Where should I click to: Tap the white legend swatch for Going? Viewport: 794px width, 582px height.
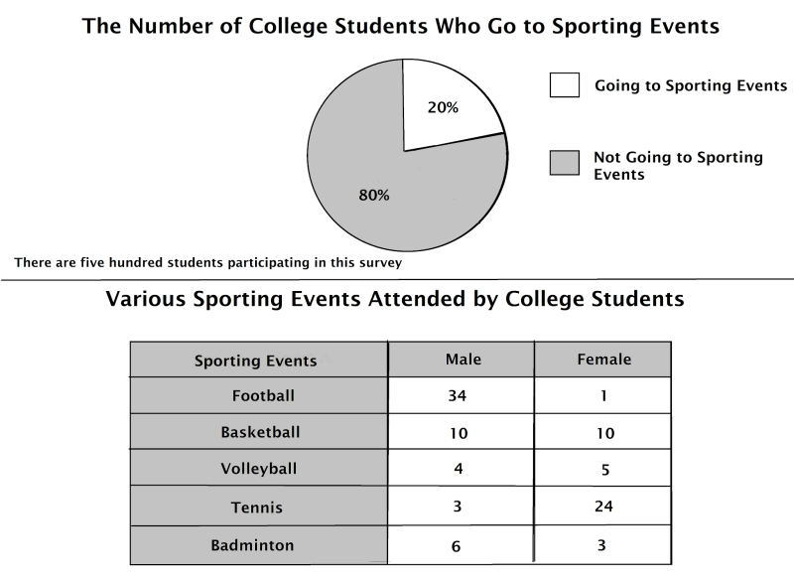pyautogui.click(x=564, y=85)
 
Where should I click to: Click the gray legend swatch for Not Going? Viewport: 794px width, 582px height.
pyautogui.click(x=564, y=164)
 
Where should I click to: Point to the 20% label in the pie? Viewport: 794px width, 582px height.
pyautogui.click(x=443, y=107)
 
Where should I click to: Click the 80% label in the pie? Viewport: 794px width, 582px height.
pyautogui.click(x=374, y=196)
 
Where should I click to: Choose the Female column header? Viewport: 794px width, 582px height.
pyautogui.click(x=603, y=359)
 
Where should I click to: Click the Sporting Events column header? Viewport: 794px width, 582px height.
pyautogui.click(x=256, y=360)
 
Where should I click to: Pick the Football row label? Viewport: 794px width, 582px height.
pyautogui.click(x=263, y=395)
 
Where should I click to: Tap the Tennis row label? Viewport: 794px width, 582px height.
pyautogui.click(x=257, y=508)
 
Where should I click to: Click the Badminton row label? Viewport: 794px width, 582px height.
pyautogui.click(x=252, y=544)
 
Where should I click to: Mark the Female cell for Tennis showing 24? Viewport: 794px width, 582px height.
pyautogui.click(x=603, y=507)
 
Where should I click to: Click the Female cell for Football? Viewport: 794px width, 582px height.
pyautogui.click(x=603, y=395)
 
